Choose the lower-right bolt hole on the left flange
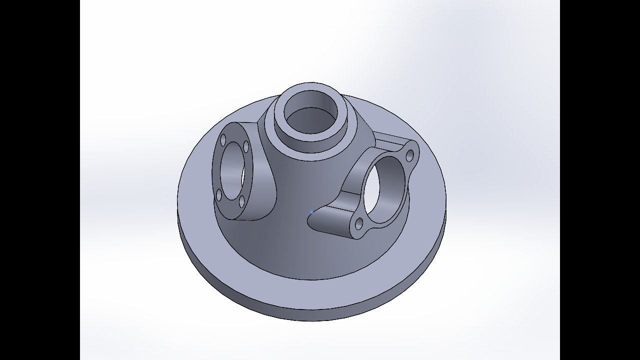[241, 201]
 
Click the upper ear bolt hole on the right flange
[410, 155]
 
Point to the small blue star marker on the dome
[311, 212]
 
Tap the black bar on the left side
[40, 180]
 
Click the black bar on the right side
[600, 180]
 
